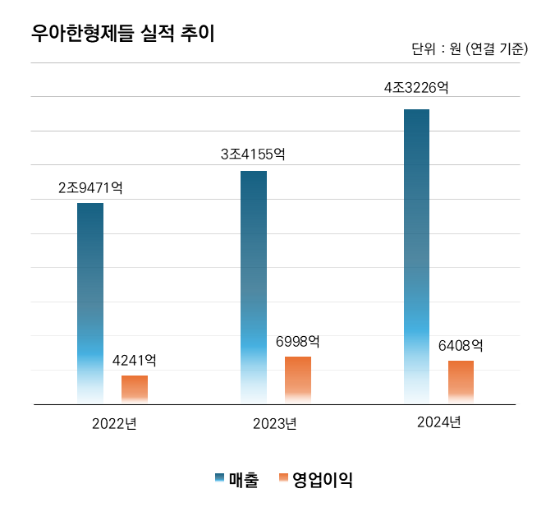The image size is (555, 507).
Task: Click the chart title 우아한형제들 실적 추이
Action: (x=122, y=34)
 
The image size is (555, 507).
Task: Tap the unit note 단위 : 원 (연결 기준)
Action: (x=469, y=49)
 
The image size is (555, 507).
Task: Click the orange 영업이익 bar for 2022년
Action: (x=135, y=389)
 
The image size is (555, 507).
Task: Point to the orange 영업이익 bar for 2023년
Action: (x=298, y=380)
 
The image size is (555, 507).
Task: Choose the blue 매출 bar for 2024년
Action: (x=416, y=256)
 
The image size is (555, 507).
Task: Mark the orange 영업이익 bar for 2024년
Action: (x=461, y=381)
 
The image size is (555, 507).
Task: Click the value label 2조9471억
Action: (x=90, y=188)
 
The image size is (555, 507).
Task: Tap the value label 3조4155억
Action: (x=253, y=154)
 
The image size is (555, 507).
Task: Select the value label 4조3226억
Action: (x=416, y=87)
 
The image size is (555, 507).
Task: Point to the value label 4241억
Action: (x=135, y=361)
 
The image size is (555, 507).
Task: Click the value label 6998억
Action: (x=298, y=341)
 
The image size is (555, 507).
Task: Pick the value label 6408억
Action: (x=461, y=346)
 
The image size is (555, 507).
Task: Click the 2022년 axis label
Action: (x=114, y=424)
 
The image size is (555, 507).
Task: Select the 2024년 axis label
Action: (x=438, y=422)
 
